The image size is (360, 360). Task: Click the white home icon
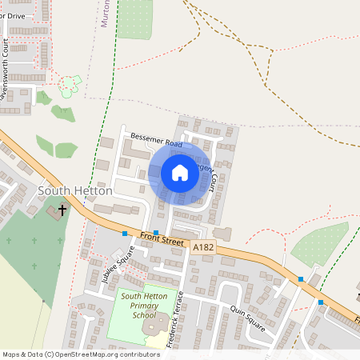(x=180, y=173)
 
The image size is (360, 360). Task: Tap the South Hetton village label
(x=70, y=191)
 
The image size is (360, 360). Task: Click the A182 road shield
(x=203, y=250)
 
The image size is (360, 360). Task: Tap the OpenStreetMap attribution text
(x=81, y=354)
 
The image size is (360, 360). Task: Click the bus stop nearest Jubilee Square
(x=125, y=234)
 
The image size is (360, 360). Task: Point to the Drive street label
(x=15, y=14)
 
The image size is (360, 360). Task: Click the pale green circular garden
(x=70, y=82)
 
